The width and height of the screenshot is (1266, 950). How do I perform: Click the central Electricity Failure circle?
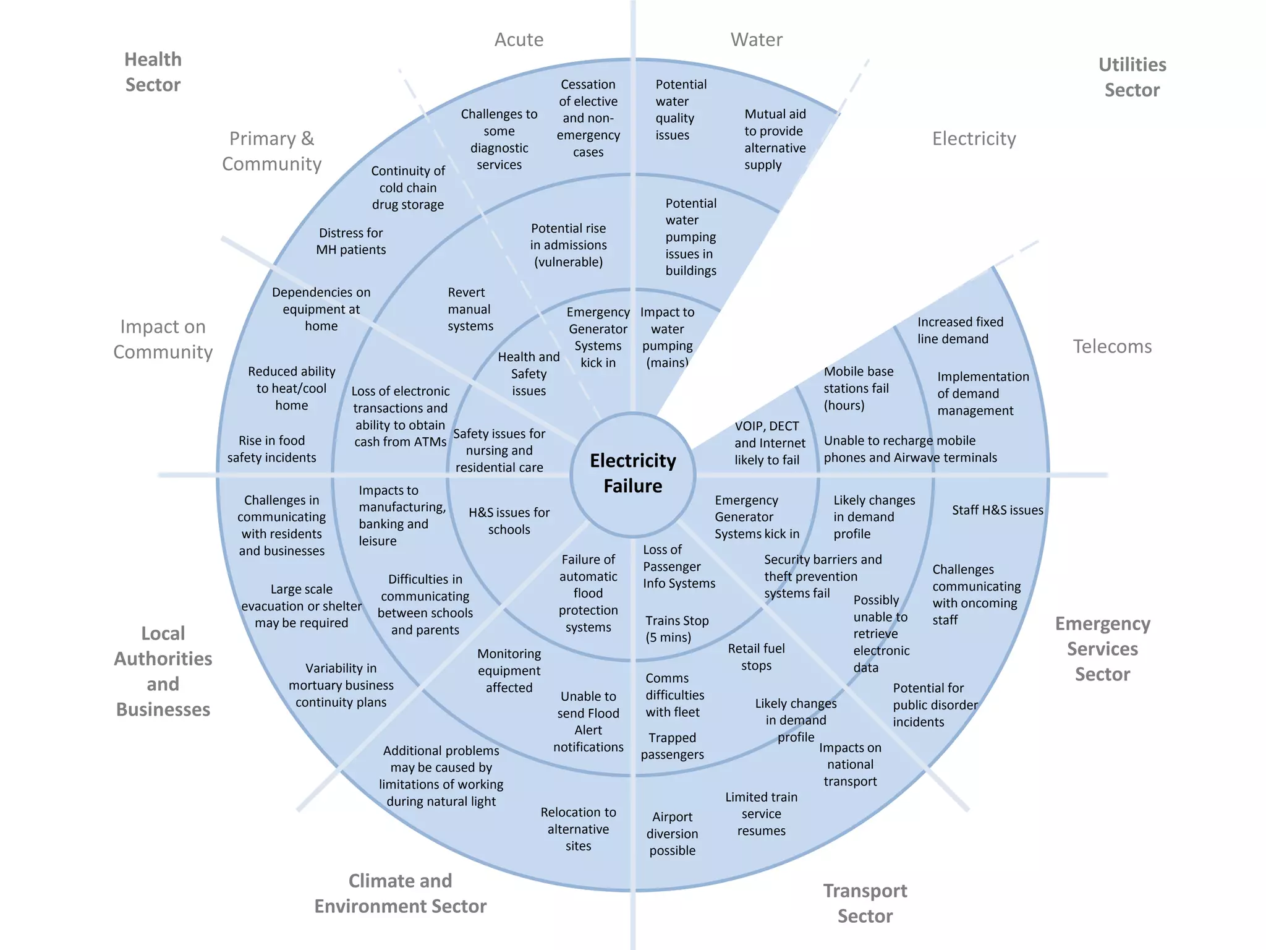pos(632,474)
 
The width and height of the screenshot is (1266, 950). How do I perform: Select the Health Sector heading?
pos(153,72)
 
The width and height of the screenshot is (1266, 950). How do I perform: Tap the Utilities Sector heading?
pos(1132,77)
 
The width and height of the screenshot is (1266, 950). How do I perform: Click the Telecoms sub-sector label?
pos(1111,346)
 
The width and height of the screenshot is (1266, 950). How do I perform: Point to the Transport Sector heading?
pos(864,903)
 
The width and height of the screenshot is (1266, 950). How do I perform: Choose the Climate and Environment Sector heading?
pos(400,893)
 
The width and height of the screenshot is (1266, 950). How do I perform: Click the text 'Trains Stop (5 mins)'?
pos(676,629)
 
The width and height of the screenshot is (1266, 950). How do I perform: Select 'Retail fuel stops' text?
pos(755,657)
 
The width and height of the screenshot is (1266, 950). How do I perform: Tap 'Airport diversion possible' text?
pos(672,833)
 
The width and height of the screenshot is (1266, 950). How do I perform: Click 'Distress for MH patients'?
pos(350,241)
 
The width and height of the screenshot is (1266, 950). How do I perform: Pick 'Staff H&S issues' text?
pos(996,510)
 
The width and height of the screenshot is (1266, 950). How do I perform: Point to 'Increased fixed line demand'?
pos(959,330)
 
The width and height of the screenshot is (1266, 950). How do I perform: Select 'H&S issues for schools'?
pos(508,521)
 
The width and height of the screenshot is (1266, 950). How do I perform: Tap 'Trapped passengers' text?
pos(672,746)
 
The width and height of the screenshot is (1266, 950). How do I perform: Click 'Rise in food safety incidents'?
pos(271,449)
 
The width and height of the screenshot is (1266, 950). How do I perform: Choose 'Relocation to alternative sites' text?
pos(578,829)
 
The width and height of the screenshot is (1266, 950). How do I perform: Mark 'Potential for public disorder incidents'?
pos(934,705)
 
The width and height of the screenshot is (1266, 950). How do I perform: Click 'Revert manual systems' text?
pos(470,309)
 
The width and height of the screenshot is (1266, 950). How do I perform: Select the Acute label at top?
pos(519,40)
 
